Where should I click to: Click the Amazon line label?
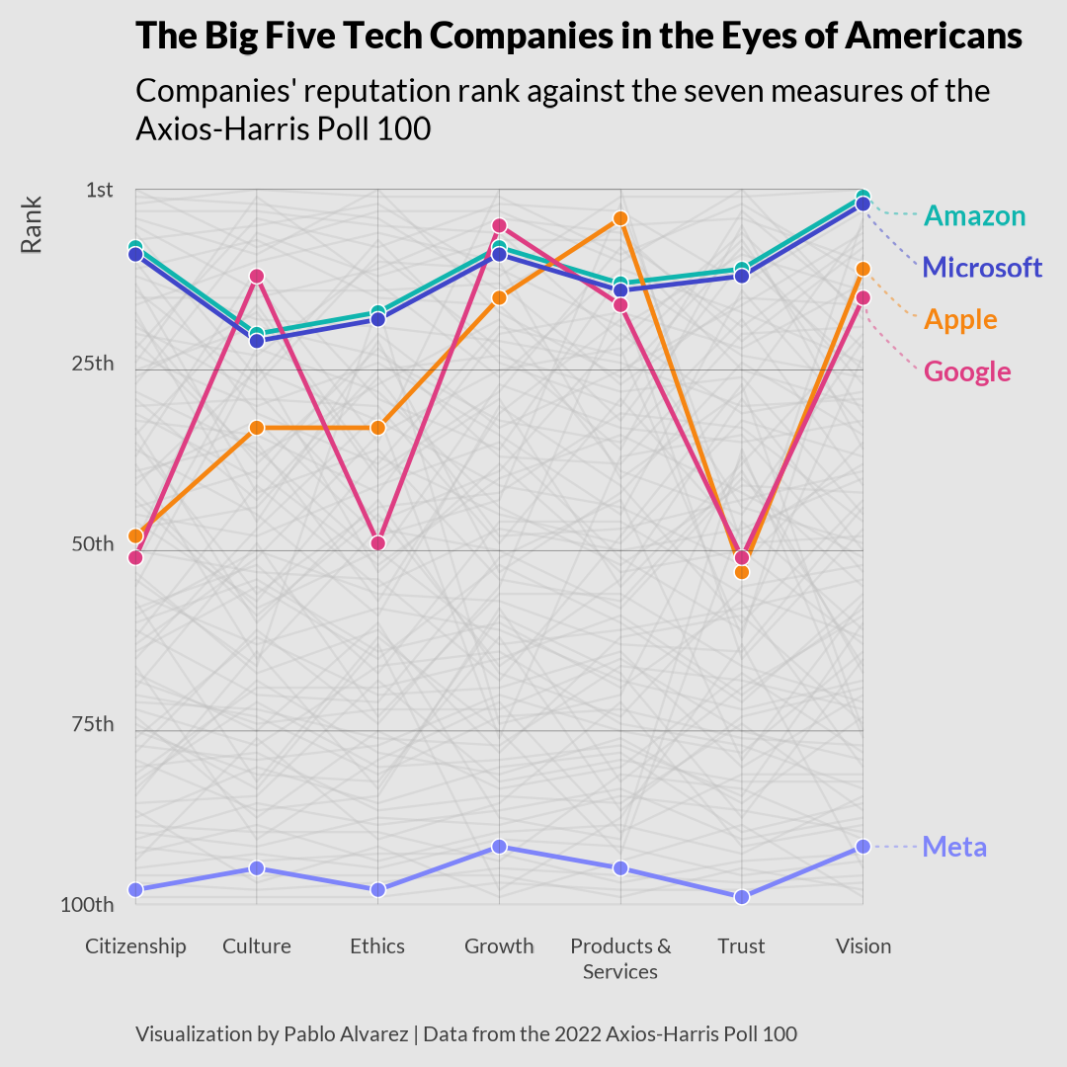[974, 216]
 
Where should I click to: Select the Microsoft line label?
[982, 268]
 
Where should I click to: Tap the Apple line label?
[960, 320]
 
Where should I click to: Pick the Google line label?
[967, 372]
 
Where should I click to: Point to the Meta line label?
[954, 848]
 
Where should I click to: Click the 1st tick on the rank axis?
[99, 190]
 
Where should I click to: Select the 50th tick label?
[93, 544]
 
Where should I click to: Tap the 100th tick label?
[87, 905]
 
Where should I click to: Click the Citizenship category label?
[135, 946]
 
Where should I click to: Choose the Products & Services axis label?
[620, 958]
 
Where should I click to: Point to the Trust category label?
[741, 946]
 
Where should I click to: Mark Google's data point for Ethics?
[377, 543]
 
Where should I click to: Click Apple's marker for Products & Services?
[620, 218]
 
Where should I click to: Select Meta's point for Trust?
[741, 897]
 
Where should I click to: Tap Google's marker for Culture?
[257, 276]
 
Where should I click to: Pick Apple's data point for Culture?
[257, 428]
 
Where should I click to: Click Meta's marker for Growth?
[499, 847]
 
